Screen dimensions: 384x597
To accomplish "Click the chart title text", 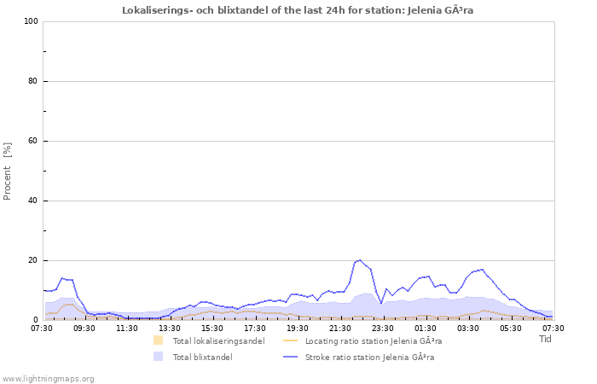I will click(298, 10).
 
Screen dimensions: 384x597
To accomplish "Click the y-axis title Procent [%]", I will click(8, 171).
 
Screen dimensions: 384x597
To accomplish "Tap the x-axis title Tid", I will click(545, 339).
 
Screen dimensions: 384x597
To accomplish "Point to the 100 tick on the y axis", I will click(31, 21).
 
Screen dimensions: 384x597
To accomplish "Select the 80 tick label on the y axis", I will click(33, 81).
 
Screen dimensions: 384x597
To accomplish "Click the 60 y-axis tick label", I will click(33, 141).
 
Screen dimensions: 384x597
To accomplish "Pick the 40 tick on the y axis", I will click(33, 201).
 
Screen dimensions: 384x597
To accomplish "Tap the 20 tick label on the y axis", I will click(33, 260).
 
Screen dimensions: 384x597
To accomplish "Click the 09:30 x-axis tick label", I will click(84, 328).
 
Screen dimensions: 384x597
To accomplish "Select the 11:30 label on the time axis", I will click(127, 328).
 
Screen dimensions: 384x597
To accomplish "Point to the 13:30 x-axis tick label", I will click(170, 328).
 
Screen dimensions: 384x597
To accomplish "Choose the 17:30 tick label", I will click(255, 328).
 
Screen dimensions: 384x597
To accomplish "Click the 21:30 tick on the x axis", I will click(340, 328).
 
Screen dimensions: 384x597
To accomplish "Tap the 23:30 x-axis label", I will click(383, 328).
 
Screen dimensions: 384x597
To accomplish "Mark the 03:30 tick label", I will click(468, 328).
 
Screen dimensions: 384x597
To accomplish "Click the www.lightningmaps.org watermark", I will click(48, 378).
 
